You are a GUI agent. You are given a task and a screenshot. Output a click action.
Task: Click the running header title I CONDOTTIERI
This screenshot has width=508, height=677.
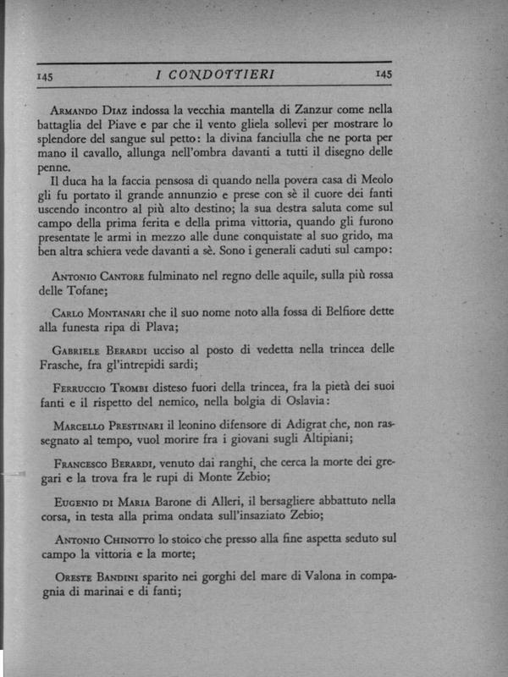[215, 75]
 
